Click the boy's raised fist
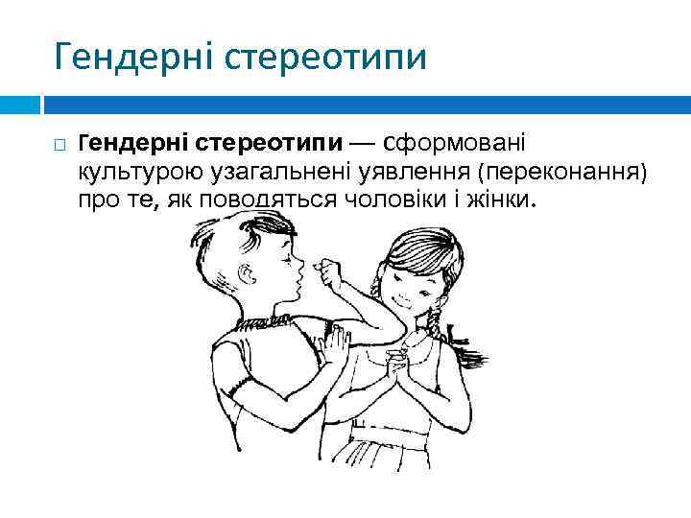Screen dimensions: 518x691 334,271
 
